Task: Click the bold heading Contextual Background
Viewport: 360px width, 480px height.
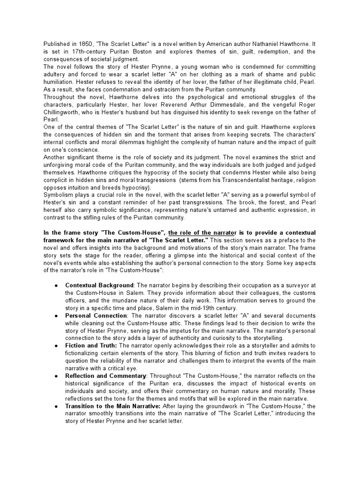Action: click(x=99, y=285)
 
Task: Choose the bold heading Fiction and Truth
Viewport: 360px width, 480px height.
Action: click(x=91, y=345)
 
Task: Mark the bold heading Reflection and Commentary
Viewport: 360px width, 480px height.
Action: click(x=106, y=375)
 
